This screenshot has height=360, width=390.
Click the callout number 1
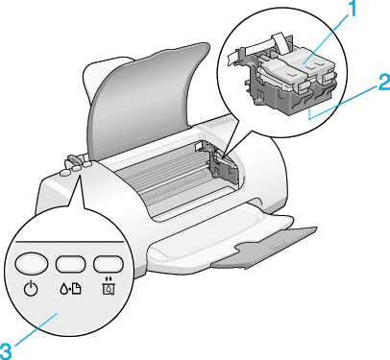pos(352,9)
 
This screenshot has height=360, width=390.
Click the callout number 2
pos(383,83)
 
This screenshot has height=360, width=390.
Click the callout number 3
pos(6,351)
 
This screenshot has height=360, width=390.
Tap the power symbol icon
pos(31,289)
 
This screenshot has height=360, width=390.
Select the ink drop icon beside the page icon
pos(63,289)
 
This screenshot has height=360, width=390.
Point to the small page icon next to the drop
pos(76,289)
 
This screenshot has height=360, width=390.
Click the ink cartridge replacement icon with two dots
pos(109,287)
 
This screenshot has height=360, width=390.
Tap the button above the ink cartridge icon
pos(109,264)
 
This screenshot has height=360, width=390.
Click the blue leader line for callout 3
pos(36,329)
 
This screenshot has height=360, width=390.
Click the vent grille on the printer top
pos(219,124)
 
